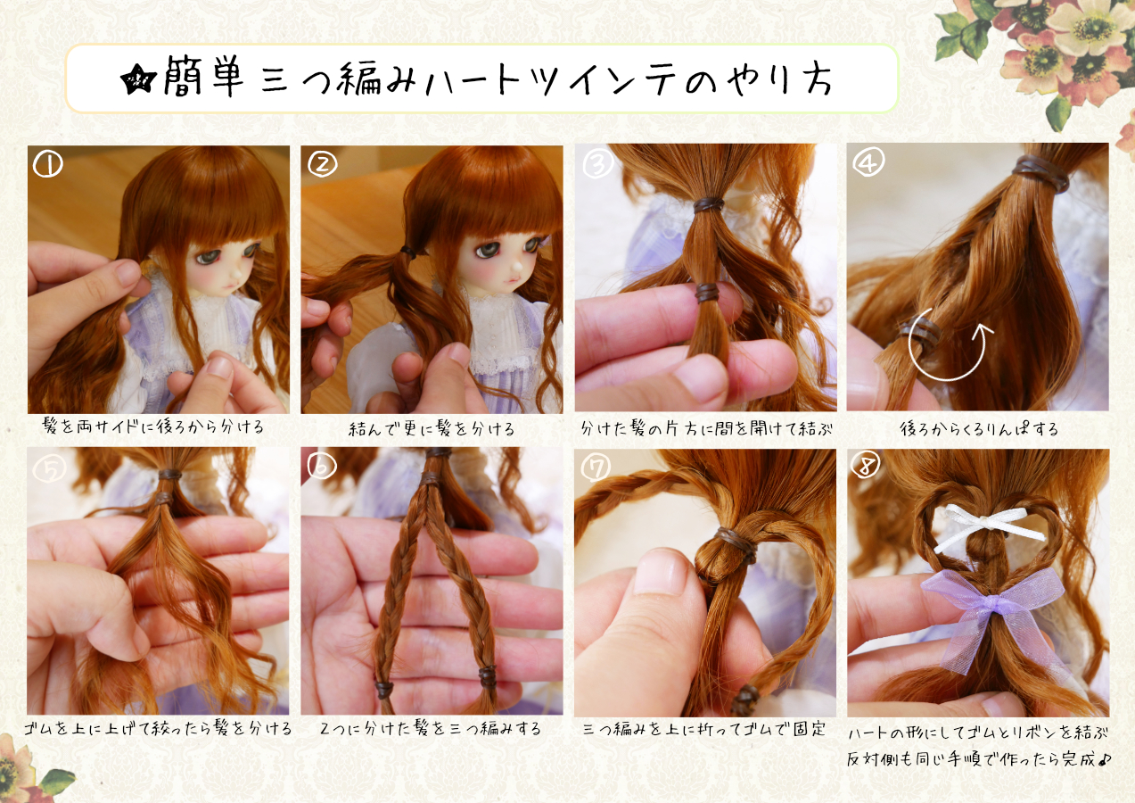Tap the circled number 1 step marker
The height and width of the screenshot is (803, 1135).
click(47, 165)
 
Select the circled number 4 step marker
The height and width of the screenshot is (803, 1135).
click(868, 161)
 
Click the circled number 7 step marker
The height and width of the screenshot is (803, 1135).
click(596, 468)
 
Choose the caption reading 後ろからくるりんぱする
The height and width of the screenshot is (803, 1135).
click(979, 429)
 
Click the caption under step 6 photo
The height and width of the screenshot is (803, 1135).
click(431, 729)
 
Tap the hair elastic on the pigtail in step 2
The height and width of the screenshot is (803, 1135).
click(408, 251)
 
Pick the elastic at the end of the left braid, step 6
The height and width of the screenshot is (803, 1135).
click(383, 689)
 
